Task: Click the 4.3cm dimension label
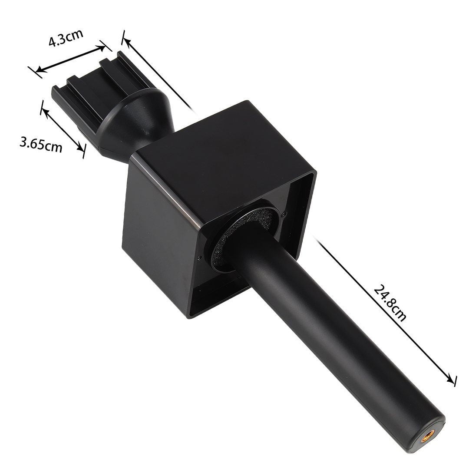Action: click(66, 37)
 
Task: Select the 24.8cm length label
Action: click(390, 303)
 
